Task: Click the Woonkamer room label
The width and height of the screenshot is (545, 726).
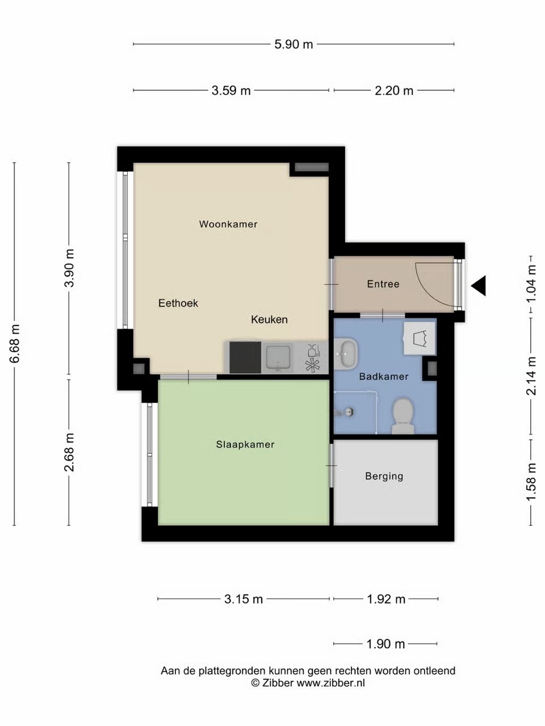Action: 228,224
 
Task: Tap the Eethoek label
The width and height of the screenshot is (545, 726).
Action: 178,303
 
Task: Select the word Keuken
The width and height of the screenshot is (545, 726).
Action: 269,319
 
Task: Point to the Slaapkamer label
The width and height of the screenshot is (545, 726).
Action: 245,444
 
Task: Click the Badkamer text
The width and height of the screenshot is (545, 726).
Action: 384,377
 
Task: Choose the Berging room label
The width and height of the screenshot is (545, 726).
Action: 384,476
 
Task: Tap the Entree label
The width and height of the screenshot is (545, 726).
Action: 383,284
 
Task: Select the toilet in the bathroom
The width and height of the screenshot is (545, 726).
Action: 403,416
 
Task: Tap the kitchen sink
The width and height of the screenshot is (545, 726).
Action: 278,357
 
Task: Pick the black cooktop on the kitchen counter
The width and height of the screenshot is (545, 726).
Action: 245,357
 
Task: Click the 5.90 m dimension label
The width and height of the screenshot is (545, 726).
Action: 294,44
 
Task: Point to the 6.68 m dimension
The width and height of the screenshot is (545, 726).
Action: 15,344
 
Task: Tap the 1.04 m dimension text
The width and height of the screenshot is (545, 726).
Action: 531,284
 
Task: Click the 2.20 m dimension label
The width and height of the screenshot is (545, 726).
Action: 394,91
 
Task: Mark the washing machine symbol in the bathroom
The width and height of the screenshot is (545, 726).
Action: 420,339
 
